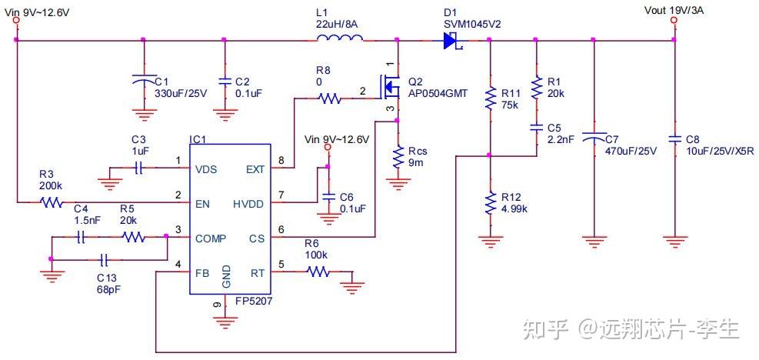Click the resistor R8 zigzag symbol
[x=329, y=98]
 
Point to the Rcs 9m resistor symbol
[x=398, y=158]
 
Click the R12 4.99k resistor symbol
[x=489, y=203]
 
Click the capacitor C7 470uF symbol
[x=593, y=138]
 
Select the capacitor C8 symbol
[x=674, y=139]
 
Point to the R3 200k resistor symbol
[x=52, y=203]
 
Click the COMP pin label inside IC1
[x=211, y=238]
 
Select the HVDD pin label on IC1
[x=248, y=203]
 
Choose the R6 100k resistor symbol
[x=318, y=271]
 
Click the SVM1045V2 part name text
[x=472, y=24]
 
